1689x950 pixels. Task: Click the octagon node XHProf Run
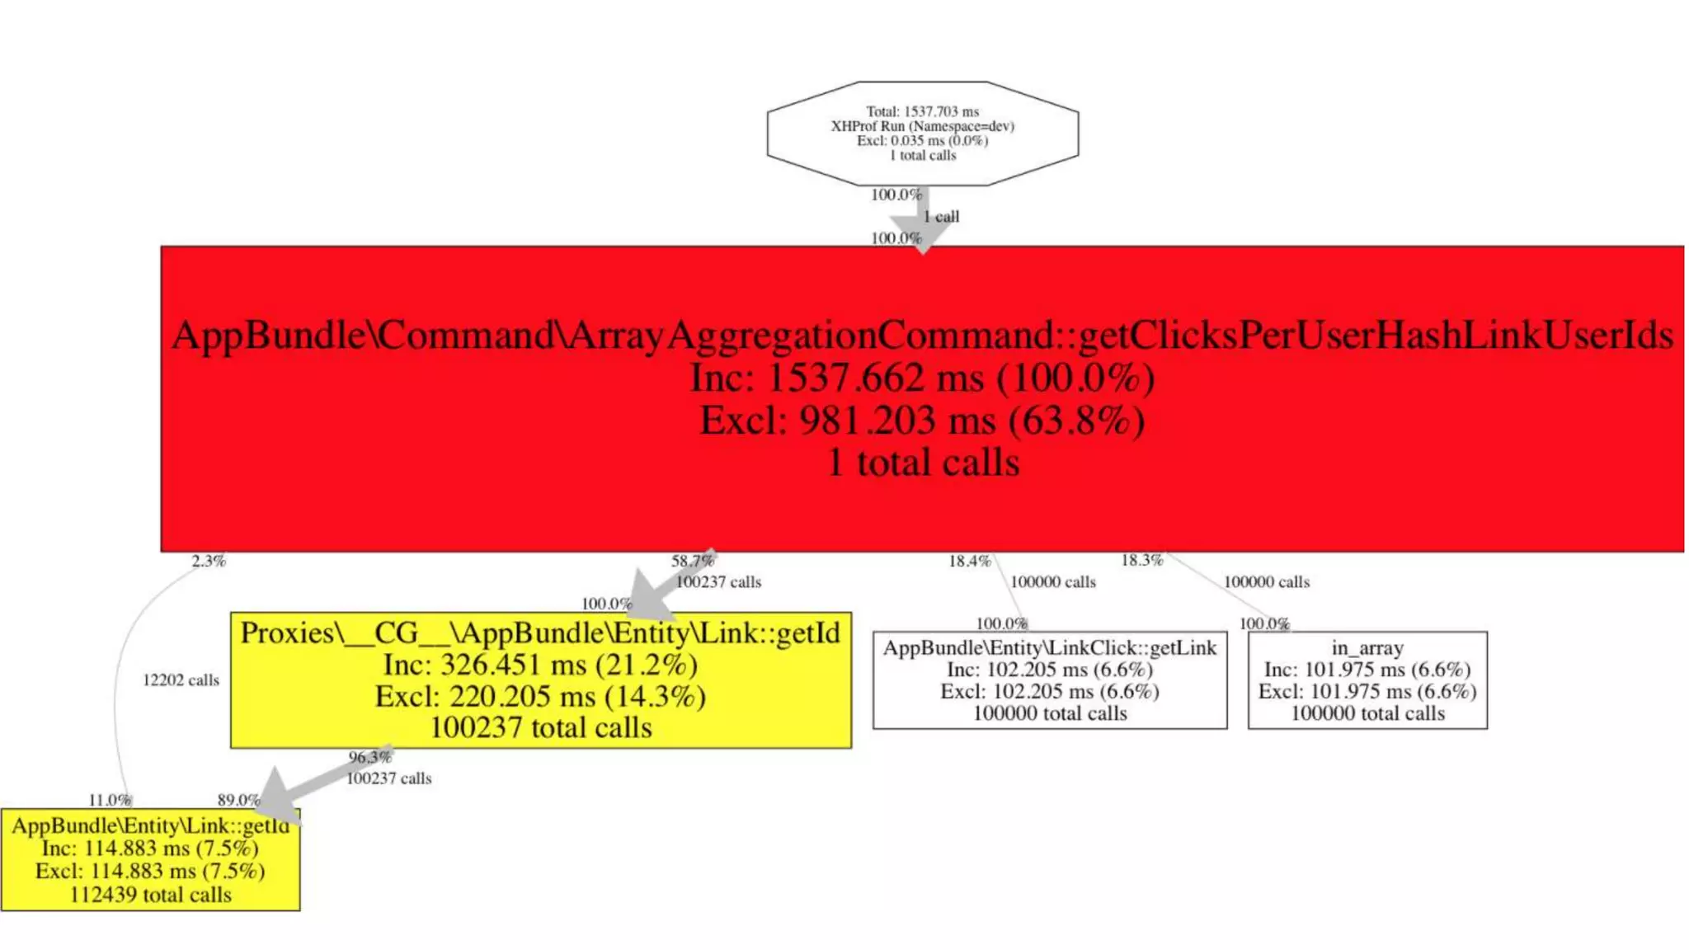(x=922, y=133)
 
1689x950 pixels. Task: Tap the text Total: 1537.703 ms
(x=922, y=111)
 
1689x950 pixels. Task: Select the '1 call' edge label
(x=941, y=216)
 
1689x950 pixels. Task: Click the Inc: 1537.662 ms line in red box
(x=922, y=379)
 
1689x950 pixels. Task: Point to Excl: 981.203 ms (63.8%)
(x=922, y=421)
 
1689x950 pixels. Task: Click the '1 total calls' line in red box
(x=923, y=463)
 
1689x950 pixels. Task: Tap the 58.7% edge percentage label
(x=692, y=562)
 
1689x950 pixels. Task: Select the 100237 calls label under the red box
(x=718, y=582)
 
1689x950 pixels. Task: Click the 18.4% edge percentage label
(x=969, y=562)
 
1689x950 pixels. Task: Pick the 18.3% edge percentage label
(x=1141, y=561)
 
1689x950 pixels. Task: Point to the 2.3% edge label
(x=209, y=562)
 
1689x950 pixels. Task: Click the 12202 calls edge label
(x=181, y=680)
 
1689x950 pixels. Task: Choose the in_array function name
(x=1367, y=648)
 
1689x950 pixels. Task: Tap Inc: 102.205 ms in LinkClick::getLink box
(x=1049, y=670)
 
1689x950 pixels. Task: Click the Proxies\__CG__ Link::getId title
(x=540, y=633)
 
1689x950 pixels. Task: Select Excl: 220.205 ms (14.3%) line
(x=540, y=697)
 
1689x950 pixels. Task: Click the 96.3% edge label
(x=369, y=757)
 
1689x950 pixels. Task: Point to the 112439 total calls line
(x=150, y=895)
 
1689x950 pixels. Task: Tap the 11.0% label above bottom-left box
(x=110, y=800)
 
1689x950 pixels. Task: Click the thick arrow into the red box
(x=923, y=221)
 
